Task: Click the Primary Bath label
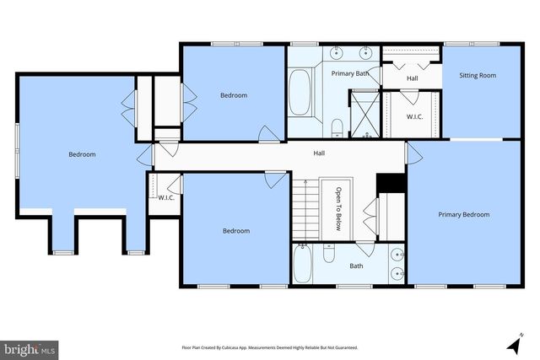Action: click(349, 73)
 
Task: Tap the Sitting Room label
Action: click(477, 75)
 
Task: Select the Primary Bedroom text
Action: click(463, 214)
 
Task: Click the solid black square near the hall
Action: click(390, 182)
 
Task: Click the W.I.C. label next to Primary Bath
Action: click(414, 116)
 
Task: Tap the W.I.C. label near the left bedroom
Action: click(165, 197)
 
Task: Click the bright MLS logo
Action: click(30, 347)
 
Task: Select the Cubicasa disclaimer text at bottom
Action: click(269, 347)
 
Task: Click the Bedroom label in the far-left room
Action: click(82, 154)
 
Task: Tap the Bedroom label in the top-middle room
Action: click(234, 95)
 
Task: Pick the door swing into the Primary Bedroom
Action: click(414, 153)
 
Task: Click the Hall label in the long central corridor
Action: click(319, 153)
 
